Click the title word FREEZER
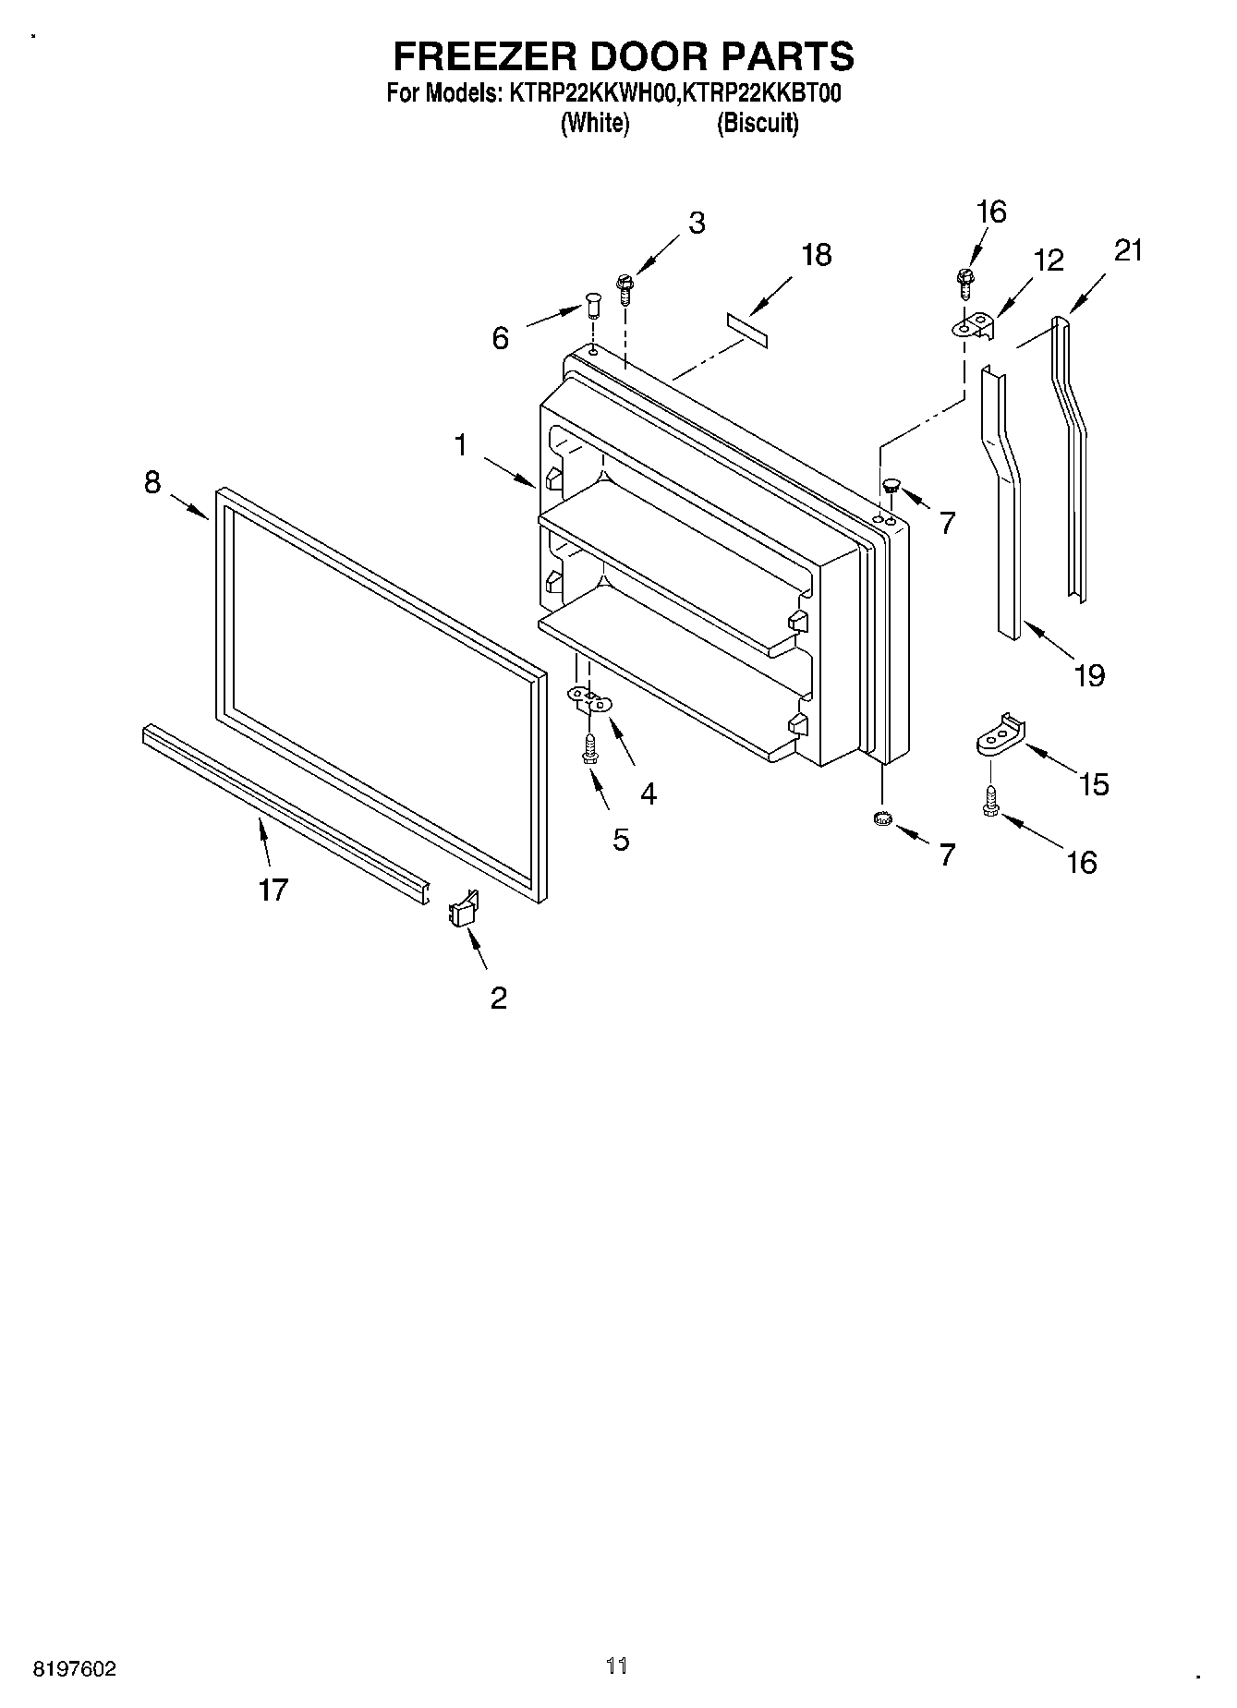483,56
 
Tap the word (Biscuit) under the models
758,123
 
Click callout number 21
1129,250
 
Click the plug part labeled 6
592,304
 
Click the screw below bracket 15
990,800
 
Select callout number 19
1090,675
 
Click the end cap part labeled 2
463,909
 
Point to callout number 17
273,890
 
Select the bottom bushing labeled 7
882,818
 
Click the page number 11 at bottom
617,1666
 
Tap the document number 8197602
75,1668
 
